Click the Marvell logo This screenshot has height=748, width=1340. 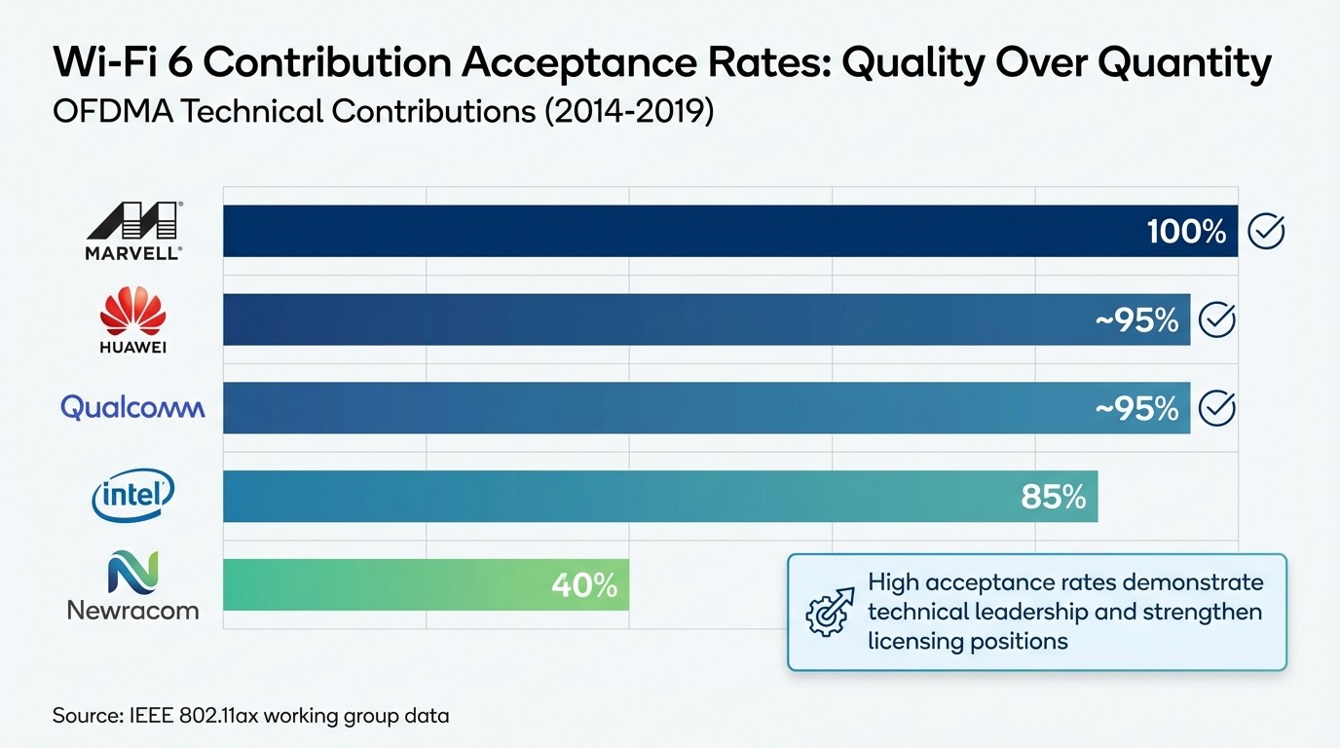133,231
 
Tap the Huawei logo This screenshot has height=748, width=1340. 133,319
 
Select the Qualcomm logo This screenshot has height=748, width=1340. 132,407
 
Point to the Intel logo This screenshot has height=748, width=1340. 133,496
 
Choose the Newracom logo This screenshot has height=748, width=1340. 133,585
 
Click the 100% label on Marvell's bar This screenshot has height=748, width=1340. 1186,232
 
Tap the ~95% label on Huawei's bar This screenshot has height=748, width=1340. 1136,319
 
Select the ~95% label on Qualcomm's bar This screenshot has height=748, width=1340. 1136,408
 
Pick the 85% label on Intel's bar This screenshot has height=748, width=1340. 1053,497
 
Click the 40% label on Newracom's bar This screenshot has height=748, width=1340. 584,585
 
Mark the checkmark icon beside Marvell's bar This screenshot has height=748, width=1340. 1266,232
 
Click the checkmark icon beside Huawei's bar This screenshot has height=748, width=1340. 1216,319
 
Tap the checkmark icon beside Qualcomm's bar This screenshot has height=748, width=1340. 1216,408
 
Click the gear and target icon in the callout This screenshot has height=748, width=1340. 829,613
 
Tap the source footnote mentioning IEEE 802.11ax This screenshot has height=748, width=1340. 250,716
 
